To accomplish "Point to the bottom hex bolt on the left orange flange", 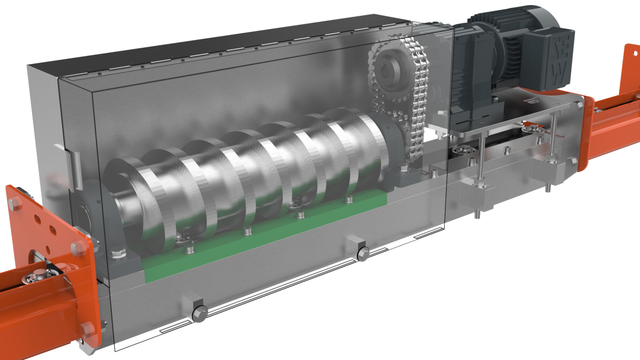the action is (x=87, y=328).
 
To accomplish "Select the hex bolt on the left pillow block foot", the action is (x=118, y=254).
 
